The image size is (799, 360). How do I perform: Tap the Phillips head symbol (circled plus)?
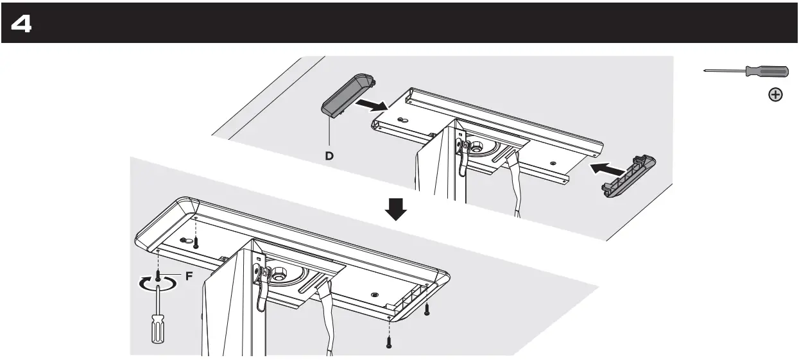775,95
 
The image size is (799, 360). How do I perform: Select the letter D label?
328,155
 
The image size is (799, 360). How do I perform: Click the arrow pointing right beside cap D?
373,103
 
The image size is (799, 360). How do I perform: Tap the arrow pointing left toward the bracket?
606,169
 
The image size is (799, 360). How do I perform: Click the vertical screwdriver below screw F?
157,324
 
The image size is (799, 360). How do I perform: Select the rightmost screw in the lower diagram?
426,310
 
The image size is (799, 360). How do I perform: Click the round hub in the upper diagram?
478,146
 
